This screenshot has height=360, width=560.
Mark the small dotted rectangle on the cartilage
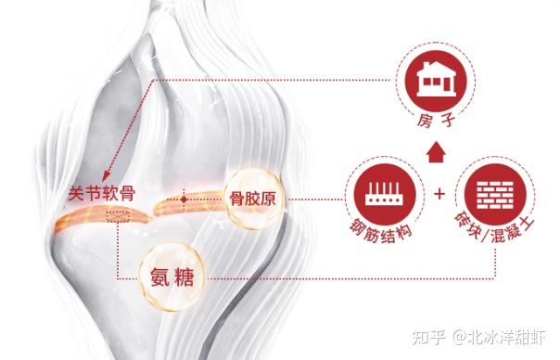tap(119, 216)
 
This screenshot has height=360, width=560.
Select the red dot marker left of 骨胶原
tap(185, 199)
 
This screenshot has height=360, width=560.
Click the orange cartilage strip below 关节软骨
tap(93, 221)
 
